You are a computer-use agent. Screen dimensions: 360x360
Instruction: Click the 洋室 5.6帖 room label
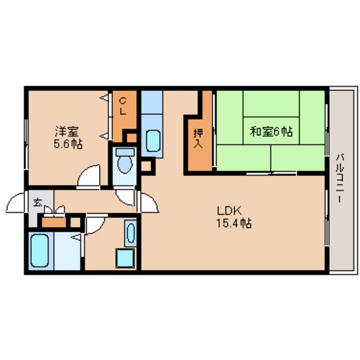tap(67, 136)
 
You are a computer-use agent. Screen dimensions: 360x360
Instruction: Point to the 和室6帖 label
tap(271, 132)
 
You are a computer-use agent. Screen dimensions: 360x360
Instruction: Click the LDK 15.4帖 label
tap(233, 217)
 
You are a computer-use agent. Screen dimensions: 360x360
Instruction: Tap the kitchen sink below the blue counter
tap(154, 140)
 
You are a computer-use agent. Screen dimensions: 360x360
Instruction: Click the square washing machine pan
tap(123, 258)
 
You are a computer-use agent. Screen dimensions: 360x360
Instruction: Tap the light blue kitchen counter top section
tap(152, 102)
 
